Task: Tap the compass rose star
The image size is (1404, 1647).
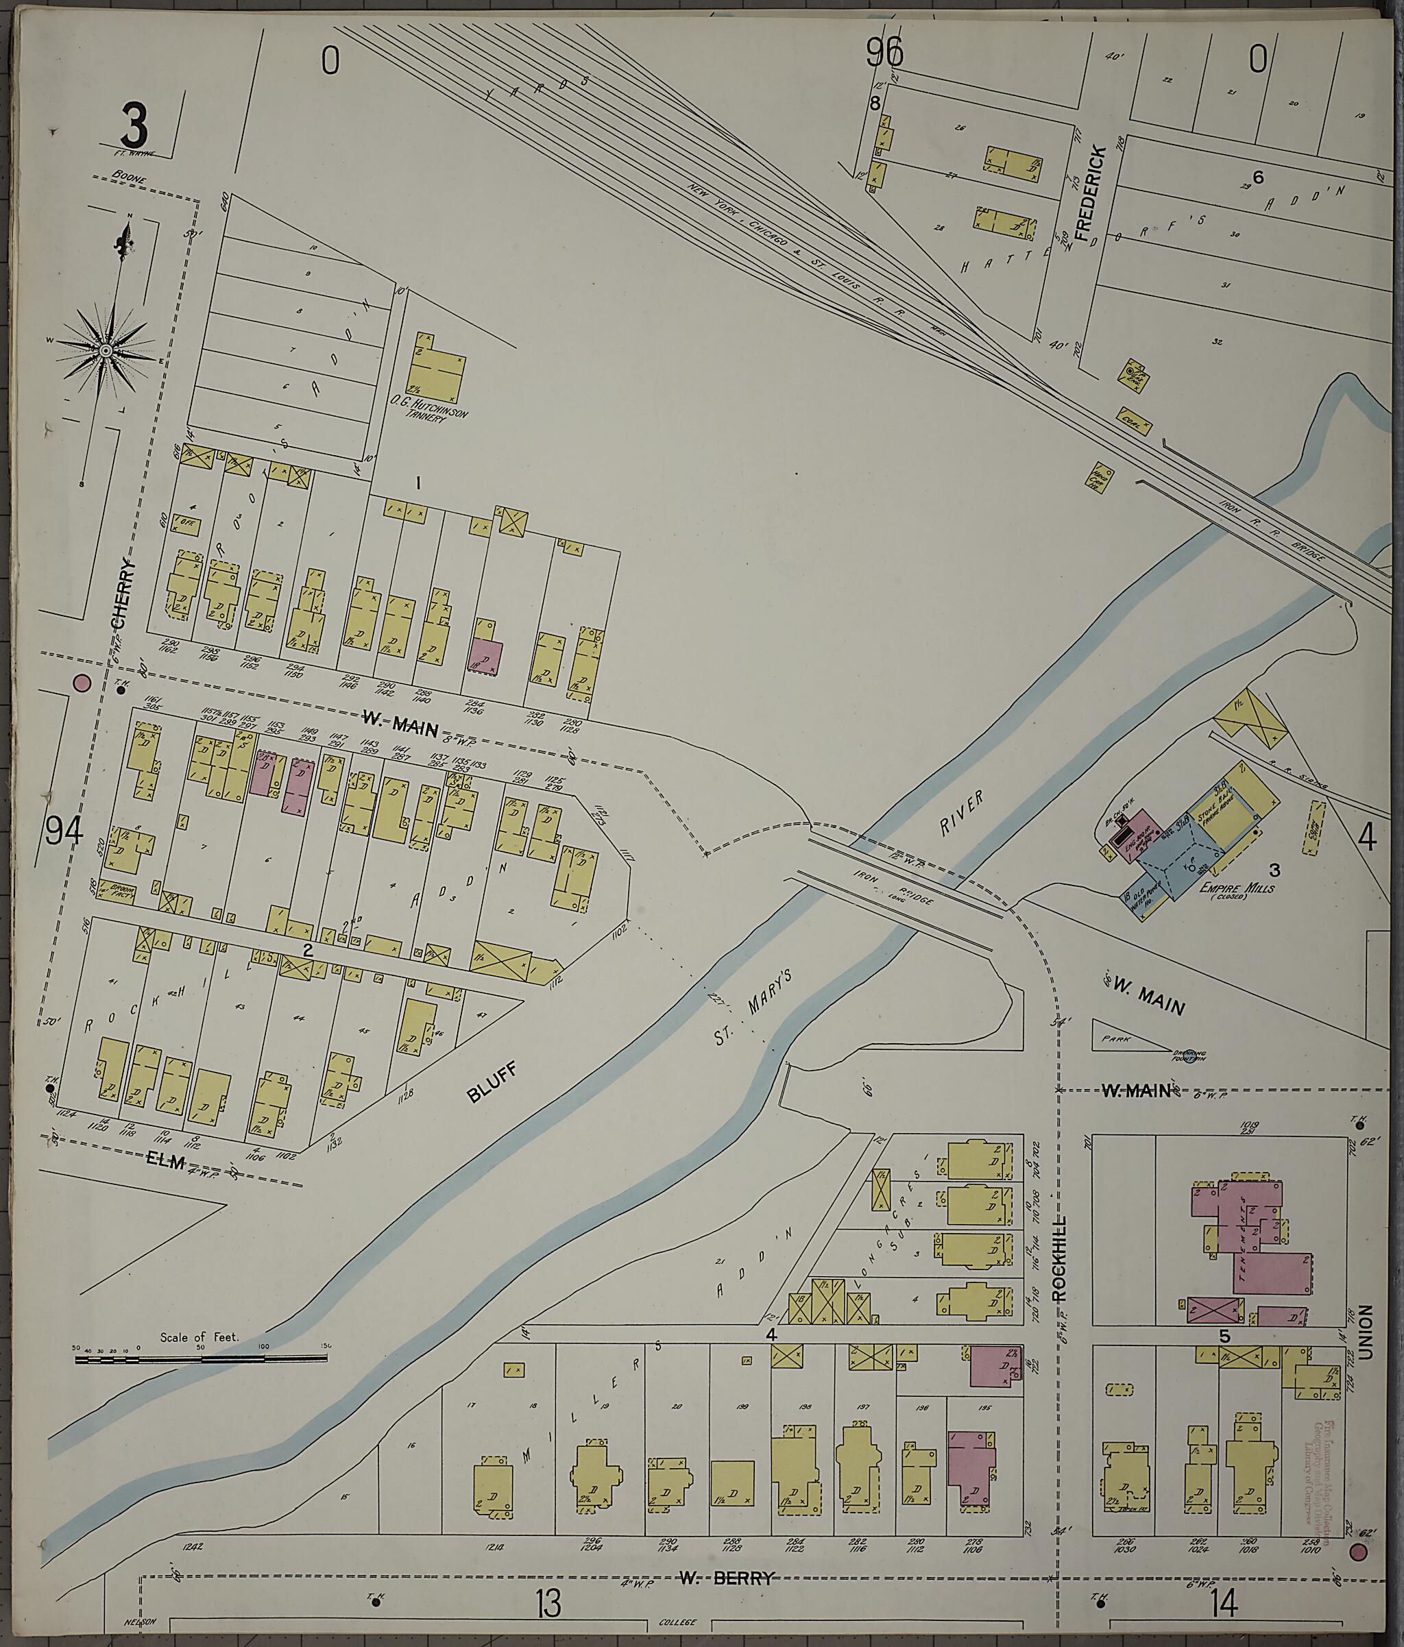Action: (105, 350)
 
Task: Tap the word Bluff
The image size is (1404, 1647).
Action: (492, 1084)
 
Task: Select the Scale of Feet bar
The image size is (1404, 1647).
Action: (201, 1358)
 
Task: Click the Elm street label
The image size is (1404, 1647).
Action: (165, 1164)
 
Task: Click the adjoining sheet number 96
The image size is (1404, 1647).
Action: (885, 55)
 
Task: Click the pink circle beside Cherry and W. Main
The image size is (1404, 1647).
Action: (82, 682)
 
